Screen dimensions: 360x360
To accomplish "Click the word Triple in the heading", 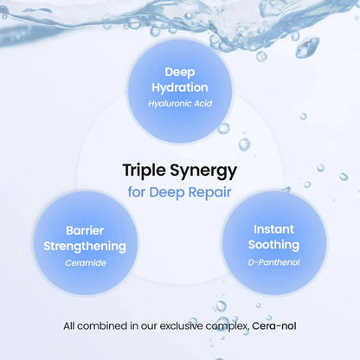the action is tap(144, 170).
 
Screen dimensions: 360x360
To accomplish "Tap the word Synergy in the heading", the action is tap(203, 171).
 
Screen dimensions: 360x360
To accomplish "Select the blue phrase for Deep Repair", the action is tap(179, 192).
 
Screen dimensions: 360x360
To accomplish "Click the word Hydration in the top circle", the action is tap(180, 88).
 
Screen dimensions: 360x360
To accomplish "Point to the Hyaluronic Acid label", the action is tap(180, 104).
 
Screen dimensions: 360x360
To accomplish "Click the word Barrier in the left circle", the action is tap(85, 230).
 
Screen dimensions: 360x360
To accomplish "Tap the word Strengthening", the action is tap(85, 247).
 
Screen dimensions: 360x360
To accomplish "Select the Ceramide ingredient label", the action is tap(86, 263).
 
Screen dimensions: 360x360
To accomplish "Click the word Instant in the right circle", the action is tap(273, 229).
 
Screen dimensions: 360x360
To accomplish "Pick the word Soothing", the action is tap(273, 245).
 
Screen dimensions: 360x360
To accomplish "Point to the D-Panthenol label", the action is tap(273, 262).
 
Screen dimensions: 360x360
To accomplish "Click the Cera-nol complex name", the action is tap(274, 326).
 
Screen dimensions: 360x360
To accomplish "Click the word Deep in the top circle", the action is tap(180, 73).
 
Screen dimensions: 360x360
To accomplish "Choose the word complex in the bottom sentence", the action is tap(228, 326).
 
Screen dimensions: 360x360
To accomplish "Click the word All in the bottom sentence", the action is tap(69, 326).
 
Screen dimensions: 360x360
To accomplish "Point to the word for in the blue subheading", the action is tap(137, 192).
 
